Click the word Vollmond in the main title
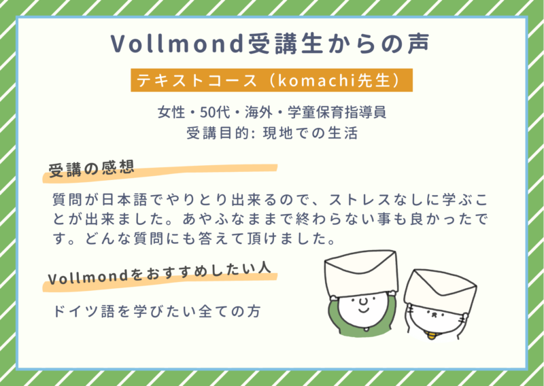tap(177, 43)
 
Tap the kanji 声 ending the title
tap(418, 43)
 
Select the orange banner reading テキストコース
tap(271, 80)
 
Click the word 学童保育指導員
tap(337, 112)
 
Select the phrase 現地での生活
tap(310, 133)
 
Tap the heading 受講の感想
tap(91, 169)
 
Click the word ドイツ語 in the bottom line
tap(84, 311)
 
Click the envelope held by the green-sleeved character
tap(361, 273)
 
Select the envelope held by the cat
tap(440, 291)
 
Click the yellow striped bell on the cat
tap(431, 335)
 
